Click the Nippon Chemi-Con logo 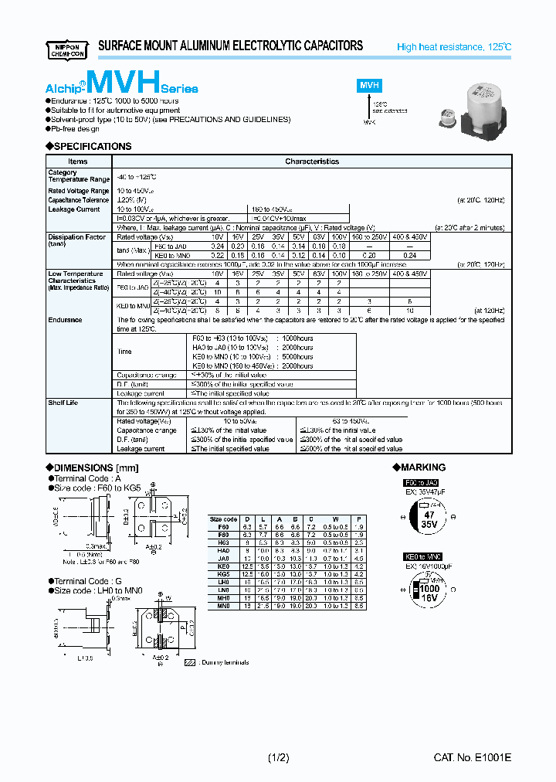[69, 46]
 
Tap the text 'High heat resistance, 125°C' [453, 47]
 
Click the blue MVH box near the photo [369, 87]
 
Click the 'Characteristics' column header [312, 161]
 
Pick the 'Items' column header [78, 161]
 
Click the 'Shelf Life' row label [63, 403]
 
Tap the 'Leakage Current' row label [74, 209]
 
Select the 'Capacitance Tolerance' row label [78, 200]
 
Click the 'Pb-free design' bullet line [76, 128]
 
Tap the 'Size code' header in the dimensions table [223, 518]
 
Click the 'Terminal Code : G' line [80, 581]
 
